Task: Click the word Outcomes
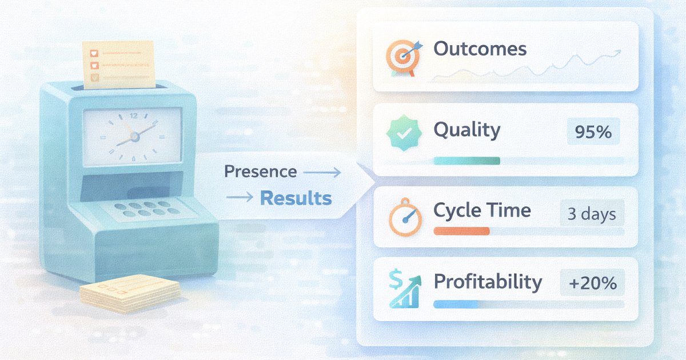click(x=480, y=49)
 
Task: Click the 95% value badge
click(x=593, y=133)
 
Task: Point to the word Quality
click(x=466, y=130)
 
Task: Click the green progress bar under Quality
click(x=466, y=161)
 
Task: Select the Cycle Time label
click(x=482, y=210)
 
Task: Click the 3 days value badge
click(x=592, y=214)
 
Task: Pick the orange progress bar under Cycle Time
click(x=462, y=231)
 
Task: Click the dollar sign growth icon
click(x=404, y=289)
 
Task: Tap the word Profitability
click(x=488, y=282)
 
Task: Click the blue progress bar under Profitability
click(x=456, y=304)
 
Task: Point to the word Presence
click(x=260, y=171)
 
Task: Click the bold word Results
click(x=296, y=198)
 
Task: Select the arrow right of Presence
click(x=321, y=172)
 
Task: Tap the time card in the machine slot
click(x=118, y=63)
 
